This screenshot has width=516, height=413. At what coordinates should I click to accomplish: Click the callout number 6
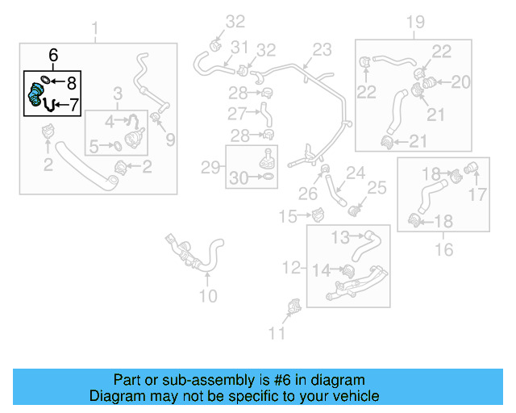pyautogui.click(x=53, y=56)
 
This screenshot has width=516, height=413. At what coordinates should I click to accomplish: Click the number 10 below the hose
pyautogui.click(x=208, y=296)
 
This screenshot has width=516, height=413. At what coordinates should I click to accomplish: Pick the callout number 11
pyautogui.click(x=277, y=332)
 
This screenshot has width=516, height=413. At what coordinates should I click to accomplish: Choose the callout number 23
pyautogui.click(x=322, y=50)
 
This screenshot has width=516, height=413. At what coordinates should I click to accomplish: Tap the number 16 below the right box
pyautogui.click(x=444, y=250)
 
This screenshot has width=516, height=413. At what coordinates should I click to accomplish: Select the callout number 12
pyautogui.click(x=292, y=266)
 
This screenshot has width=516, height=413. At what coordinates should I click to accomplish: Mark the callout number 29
pyautogui.click(x=210, y=168)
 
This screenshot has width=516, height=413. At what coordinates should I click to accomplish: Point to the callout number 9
pyautogui.click(x=169, y=140)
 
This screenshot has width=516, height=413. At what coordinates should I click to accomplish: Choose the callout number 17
pyautogui.click(x=478, y=194)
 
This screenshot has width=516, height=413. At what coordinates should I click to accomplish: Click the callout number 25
pyautogui.click(x=377, y=188)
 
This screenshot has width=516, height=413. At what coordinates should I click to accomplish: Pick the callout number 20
pyautogui.click(x=460, y=81)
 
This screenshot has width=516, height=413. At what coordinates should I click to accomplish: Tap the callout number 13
pyautogui.click(x=341, y=236)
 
